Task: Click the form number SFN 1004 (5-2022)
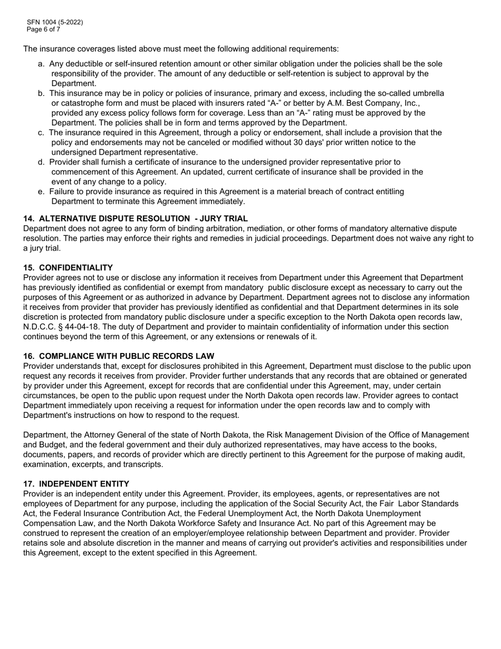click(x=55, y=22)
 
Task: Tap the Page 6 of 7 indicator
click(x=43, y=30)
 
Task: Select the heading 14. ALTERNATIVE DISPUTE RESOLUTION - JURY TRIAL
click(x=136, y=218)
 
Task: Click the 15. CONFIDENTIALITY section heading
click(x=68, y=268)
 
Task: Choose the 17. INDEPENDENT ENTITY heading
click(x=76, y=484)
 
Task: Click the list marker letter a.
click(x=41, y=64)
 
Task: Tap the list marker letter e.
click(x=41, y=192)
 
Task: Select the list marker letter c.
click(x=41, y=132)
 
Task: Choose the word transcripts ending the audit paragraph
click(x=142, y=464)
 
